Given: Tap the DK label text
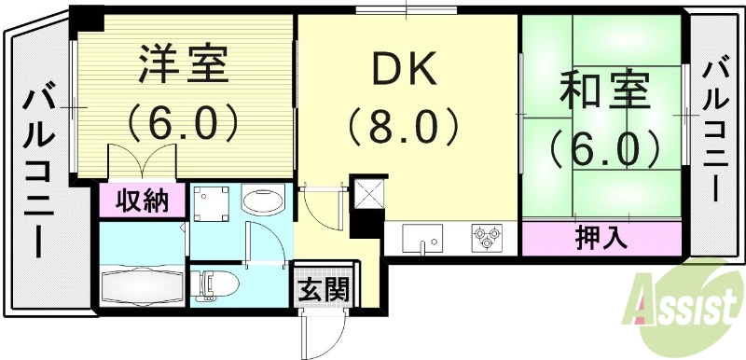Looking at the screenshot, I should point(405,68).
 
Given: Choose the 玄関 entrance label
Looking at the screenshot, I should point(323,290).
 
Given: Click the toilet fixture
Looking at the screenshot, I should point(217,283).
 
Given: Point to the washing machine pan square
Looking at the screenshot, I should point(214,203).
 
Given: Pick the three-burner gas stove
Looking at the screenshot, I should point(489,238).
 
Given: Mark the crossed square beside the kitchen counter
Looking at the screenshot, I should point(367,197).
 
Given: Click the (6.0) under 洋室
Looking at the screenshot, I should point(183,120).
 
